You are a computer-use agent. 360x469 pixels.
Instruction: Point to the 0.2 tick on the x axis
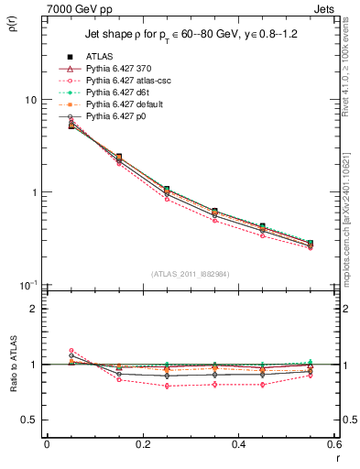pyautogui.click(x=142, y=446)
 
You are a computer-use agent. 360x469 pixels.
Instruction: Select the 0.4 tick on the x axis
pyautogui.click(x=238, y=446)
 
